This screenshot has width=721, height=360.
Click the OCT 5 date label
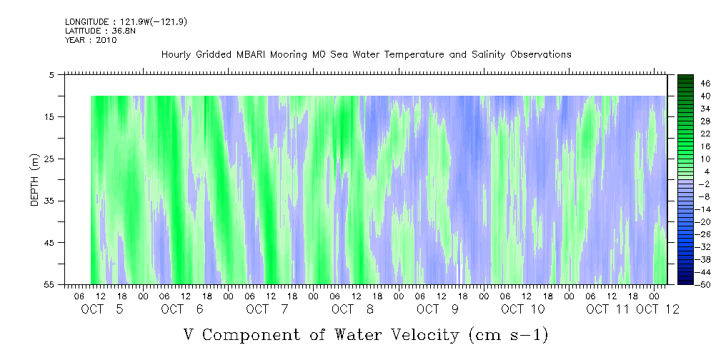(x=102, y=309)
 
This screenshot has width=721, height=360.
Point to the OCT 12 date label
(x=658, y=309)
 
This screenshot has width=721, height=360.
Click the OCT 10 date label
(x=523, y=309)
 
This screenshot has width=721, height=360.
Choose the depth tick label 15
(x=49, y=116)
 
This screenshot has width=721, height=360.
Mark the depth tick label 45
(x=49, y=242)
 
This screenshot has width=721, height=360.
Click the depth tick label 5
(x=51, y=74)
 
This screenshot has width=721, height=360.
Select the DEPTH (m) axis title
(x=35, y=180)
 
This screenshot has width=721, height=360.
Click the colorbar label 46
(x=706, y=84)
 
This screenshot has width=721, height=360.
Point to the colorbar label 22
(x=706, y=134)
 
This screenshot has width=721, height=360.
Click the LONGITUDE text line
(x=126, y=21)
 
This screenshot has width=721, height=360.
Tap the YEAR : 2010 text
(x=91, y=40)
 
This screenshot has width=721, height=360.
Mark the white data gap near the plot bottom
(x=459, y=274)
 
